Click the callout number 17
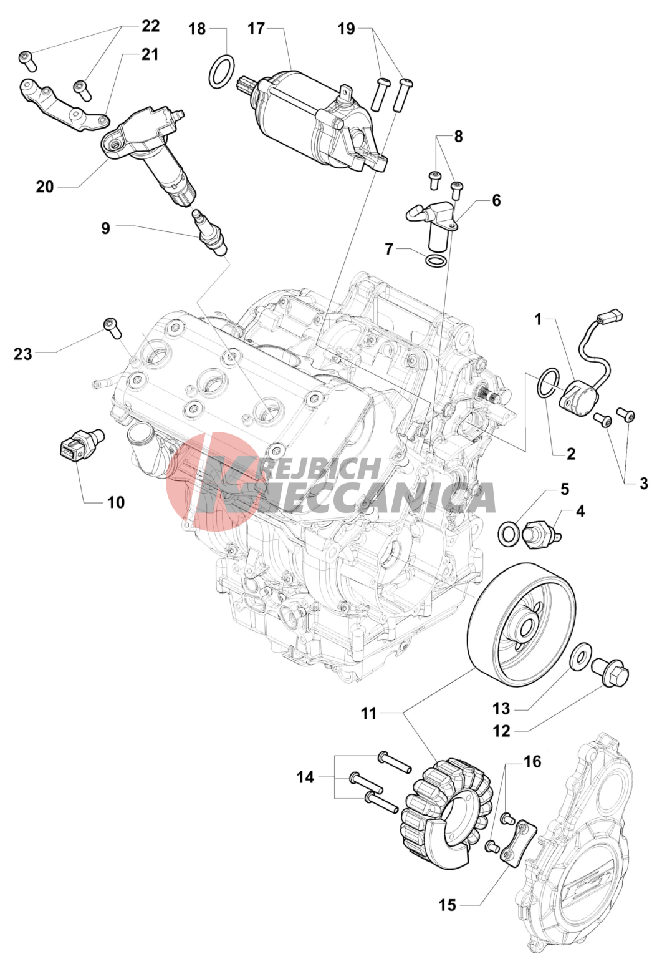(257, 29)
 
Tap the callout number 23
(23, 354)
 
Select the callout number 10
(116, 502)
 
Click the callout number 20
(45, 187)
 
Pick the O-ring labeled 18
(223, 73)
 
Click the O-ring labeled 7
(435, 260)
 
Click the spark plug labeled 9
(211, 233)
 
